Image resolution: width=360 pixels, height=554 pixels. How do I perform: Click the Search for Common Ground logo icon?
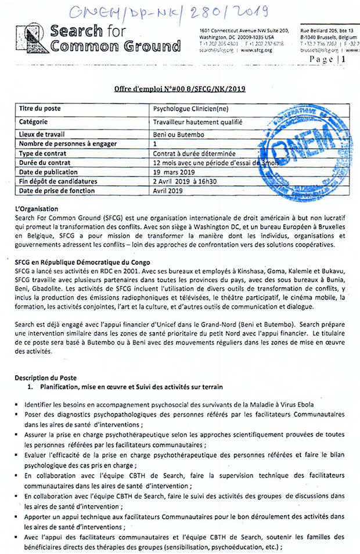31,39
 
